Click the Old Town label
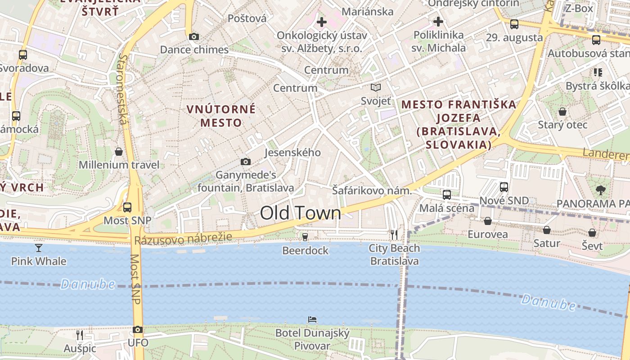coord(301,213)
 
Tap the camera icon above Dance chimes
coord(194,37)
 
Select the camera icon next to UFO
coord(138,330)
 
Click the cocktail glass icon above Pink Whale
coord(39,247)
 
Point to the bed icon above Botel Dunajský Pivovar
coord(312,319)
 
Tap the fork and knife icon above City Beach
coord(394,234)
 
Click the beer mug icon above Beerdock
coord(305,236)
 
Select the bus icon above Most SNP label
coord(127,207)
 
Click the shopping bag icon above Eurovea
coord(487,221)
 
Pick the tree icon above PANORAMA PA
coord(600,190)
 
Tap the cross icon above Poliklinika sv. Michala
coord(438,21)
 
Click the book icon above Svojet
coord(376,88)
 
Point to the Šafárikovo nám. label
coord(372,191)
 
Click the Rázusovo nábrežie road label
coord(183,239)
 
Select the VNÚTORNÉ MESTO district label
coord(221,116)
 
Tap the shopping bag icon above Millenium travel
coord(119,152)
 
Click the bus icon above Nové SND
coord(504,187)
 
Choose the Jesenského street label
coord(292,153)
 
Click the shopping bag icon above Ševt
coord(592,233)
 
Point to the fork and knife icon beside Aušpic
coord(80,335)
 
